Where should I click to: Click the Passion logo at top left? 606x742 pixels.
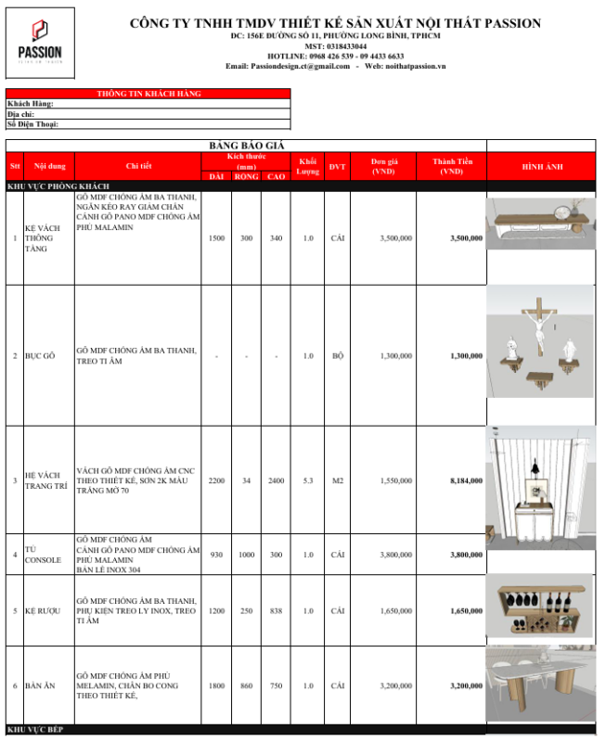click(x=39, y=42)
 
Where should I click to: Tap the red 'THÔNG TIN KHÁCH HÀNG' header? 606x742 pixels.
click(x=148, y=94)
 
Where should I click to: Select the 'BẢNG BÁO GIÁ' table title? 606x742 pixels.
click(x=246, y=146)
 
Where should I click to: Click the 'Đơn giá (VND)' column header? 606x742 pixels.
click(x=383, y=166)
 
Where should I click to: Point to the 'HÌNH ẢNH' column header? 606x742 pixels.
click(x=542, y=166)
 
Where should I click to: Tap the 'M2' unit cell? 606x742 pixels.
click(x=337, y=481)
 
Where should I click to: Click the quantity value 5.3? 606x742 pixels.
click(x=308, y=481)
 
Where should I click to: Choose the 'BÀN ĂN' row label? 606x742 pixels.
click(x=40, y=685)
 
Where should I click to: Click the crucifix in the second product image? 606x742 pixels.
click(x=538, y=324)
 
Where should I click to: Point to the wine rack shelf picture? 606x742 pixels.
click(x=541, y=609)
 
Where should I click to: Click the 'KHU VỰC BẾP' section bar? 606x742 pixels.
click(x=37, y=731)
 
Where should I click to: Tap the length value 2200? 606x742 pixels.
click(x=216, y=481)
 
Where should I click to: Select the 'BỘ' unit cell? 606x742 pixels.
click(x=337, y=356)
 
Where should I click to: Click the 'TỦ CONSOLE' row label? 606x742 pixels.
click(x=41, y=555)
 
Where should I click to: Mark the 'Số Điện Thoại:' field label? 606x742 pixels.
click(x=32, y=123)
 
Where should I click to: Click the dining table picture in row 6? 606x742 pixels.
click(x=541, y=684)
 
